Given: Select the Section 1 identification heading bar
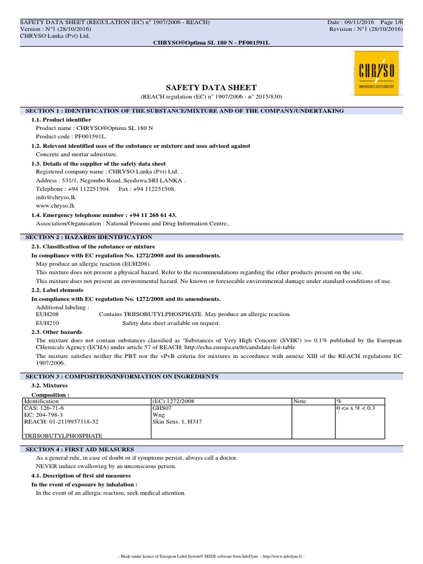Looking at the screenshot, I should click(x=185, y=111).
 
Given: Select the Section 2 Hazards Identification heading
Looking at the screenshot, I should click(x=89, y=237).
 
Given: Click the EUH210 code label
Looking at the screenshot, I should click(x=47, y=323).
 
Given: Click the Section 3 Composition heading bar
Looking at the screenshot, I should click(x=122, y=376).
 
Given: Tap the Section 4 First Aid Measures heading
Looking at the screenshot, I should click(x=80, y=449).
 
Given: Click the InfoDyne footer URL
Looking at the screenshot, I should click(x=281, y=557).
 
